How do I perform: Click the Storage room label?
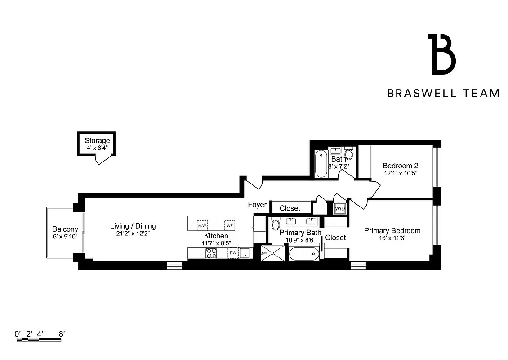pos(97,141)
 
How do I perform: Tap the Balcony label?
pos(65,229)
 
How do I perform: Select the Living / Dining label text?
pos(133,226)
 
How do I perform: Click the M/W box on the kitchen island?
pos(202,225)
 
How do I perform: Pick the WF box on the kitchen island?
pos(229,225)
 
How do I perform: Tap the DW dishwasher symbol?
pos(233,253)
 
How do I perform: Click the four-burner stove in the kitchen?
pos(210,254)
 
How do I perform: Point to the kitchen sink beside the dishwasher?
pos(245,253)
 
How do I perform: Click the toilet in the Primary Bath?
pos(276,225)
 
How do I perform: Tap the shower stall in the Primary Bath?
pos(273,253)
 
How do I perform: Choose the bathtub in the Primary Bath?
pos(304,253)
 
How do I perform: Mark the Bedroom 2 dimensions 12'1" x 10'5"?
pos(401,173)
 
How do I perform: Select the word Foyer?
pos(257,205)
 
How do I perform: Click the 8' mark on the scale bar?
pos(62,334)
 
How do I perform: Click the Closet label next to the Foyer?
pos(290,208)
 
